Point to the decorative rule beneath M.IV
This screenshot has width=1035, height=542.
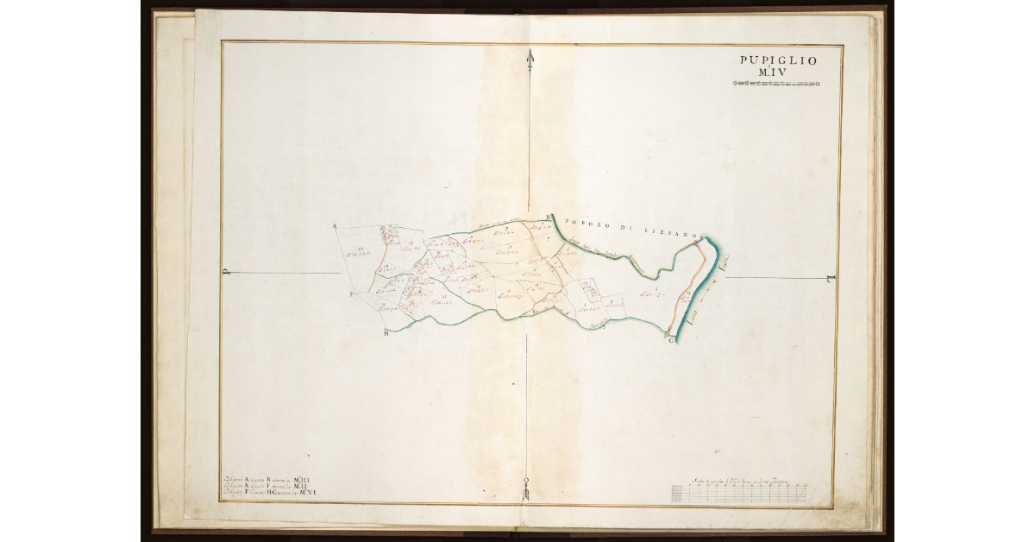(x=775, y=84)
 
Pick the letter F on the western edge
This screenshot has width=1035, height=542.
(x=351, y=294)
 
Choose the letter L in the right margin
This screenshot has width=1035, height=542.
(x=829, y=278)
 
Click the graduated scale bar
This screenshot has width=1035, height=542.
(x=739, y=494)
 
